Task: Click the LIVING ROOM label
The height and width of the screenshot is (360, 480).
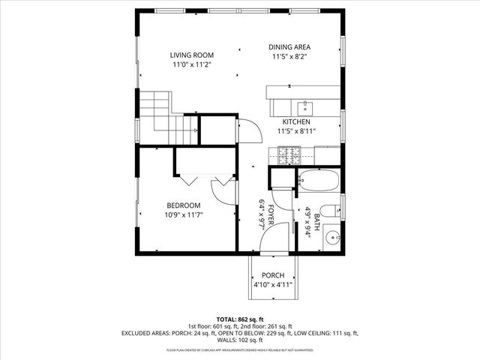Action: pos(192,55)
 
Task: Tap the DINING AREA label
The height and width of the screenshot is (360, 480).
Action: pos(289,47)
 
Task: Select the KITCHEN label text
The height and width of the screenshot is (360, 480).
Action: pos(296,121)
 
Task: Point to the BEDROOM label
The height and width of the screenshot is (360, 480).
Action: pos(183,205)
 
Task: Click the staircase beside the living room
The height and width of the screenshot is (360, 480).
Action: pos(163,112)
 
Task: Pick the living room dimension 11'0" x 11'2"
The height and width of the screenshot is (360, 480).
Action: pos(192,65)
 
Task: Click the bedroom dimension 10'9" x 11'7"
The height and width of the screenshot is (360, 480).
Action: pos(184,215)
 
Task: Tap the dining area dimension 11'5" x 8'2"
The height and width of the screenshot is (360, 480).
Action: pos(289,57)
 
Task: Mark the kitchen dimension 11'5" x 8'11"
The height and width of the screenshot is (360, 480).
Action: pos(297,131)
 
